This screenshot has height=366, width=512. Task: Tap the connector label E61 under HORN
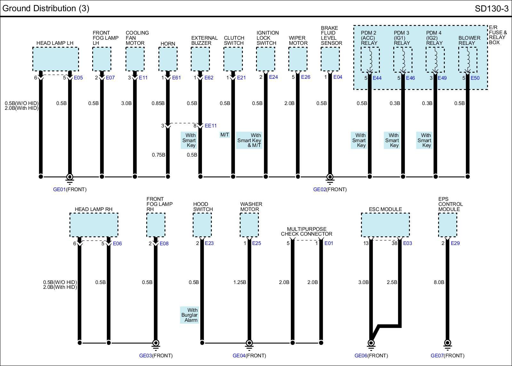click(176, 77)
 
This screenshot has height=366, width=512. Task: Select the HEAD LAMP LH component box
click(55, 59)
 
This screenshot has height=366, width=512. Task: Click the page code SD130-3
click(491, 9)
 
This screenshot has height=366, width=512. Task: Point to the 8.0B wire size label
click(439, 282)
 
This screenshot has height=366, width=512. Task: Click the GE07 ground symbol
click(447, 343)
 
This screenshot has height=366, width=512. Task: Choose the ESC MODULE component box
click(385, 225)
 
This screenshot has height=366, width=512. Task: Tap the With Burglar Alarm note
click(189, 315)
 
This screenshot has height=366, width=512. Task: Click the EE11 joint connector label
click(211, 126)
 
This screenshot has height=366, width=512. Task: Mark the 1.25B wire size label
click(240, 282)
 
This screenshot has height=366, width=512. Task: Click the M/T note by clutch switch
click(225, 134)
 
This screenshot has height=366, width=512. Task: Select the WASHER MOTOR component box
click(249, 225)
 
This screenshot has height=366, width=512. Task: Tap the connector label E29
click(455, 243)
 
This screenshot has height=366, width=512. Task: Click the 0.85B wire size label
click(158, 103)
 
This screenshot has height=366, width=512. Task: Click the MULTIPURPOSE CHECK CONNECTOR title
click(307, 232)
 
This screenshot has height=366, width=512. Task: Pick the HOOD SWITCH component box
click(202, 225)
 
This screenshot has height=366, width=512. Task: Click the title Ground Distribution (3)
click(46, 8)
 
